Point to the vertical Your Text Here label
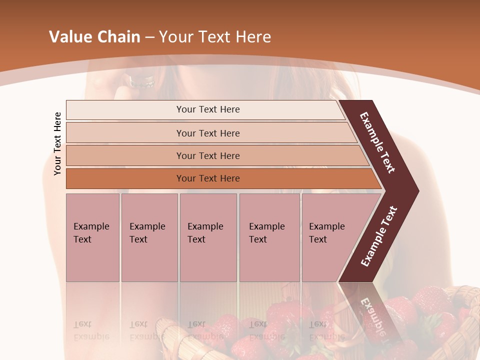(x=57, y=143)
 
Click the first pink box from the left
(x=92, y=237)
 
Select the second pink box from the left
(x=149, y=237)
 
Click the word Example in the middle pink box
(x=205, y=226)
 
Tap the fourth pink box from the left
(x=269, y=237)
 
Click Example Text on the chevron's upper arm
(x=377, y=142)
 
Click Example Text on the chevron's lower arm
(x=379, y=236)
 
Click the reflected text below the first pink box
(x=91, y=330)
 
